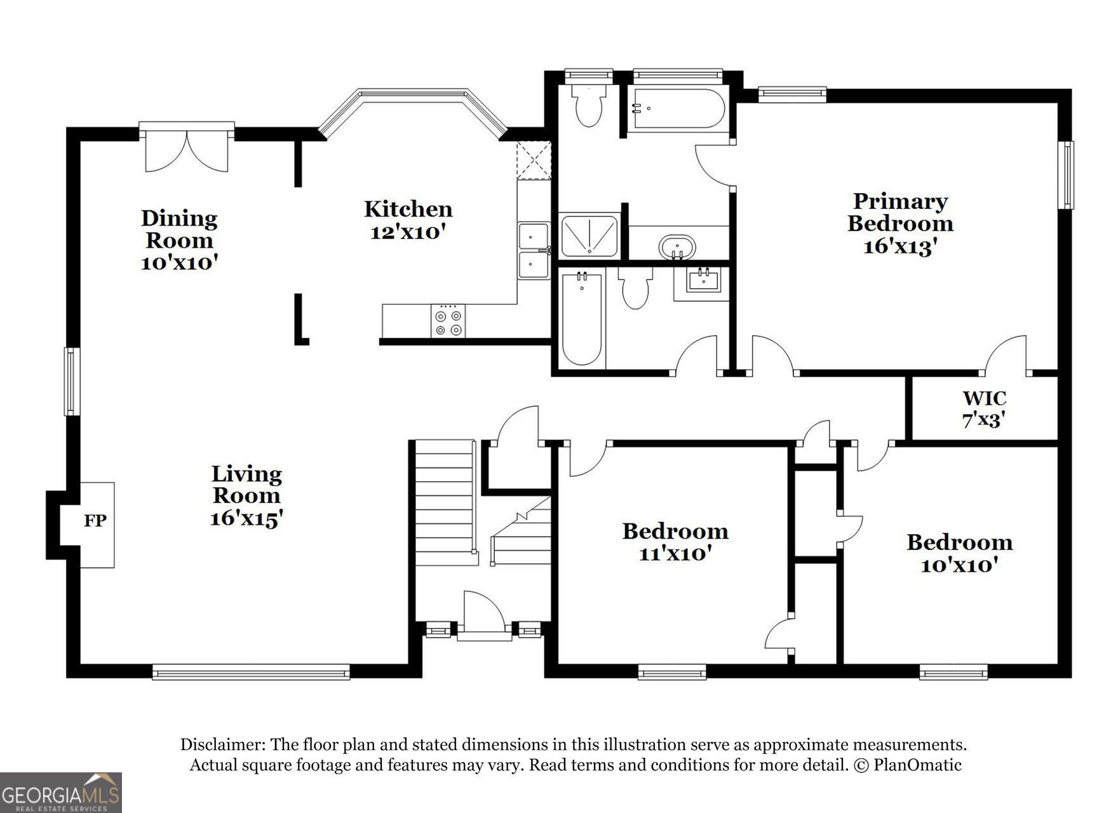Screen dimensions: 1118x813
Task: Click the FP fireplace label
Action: (95, 521)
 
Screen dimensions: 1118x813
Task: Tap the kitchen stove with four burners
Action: (448, 321)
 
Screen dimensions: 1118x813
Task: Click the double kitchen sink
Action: (534, 250)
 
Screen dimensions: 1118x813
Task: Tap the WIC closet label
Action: (984, 398)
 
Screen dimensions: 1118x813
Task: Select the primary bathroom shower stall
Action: (589, 236)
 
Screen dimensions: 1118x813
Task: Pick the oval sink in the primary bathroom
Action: (677, 246)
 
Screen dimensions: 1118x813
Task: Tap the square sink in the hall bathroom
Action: (703, 280)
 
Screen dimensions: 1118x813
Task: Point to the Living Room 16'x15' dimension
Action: (246, 519)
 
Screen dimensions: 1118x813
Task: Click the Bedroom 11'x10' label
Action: (675, 542)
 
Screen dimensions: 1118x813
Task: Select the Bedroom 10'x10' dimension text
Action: (959, 565)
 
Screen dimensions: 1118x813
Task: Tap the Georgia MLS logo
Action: (61, 793)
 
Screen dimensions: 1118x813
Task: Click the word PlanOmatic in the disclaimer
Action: (917, 765)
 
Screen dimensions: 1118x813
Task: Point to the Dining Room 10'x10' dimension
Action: (180, 262)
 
